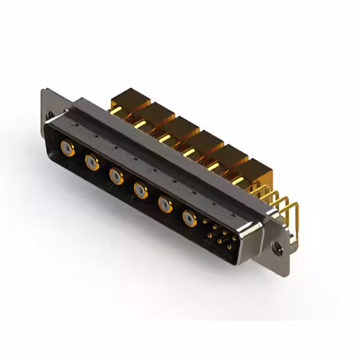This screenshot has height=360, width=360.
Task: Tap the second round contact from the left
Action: point(92,163)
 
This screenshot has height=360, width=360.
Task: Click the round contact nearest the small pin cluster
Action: point(189,217)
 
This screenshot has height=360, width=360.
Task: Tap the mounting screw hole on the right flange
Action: point(276,245)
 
